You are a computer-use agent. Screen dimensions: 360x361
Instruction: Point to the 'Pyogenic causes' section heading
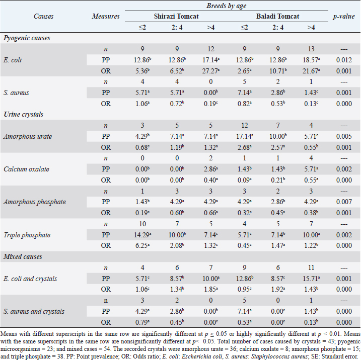click(27, 38)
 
